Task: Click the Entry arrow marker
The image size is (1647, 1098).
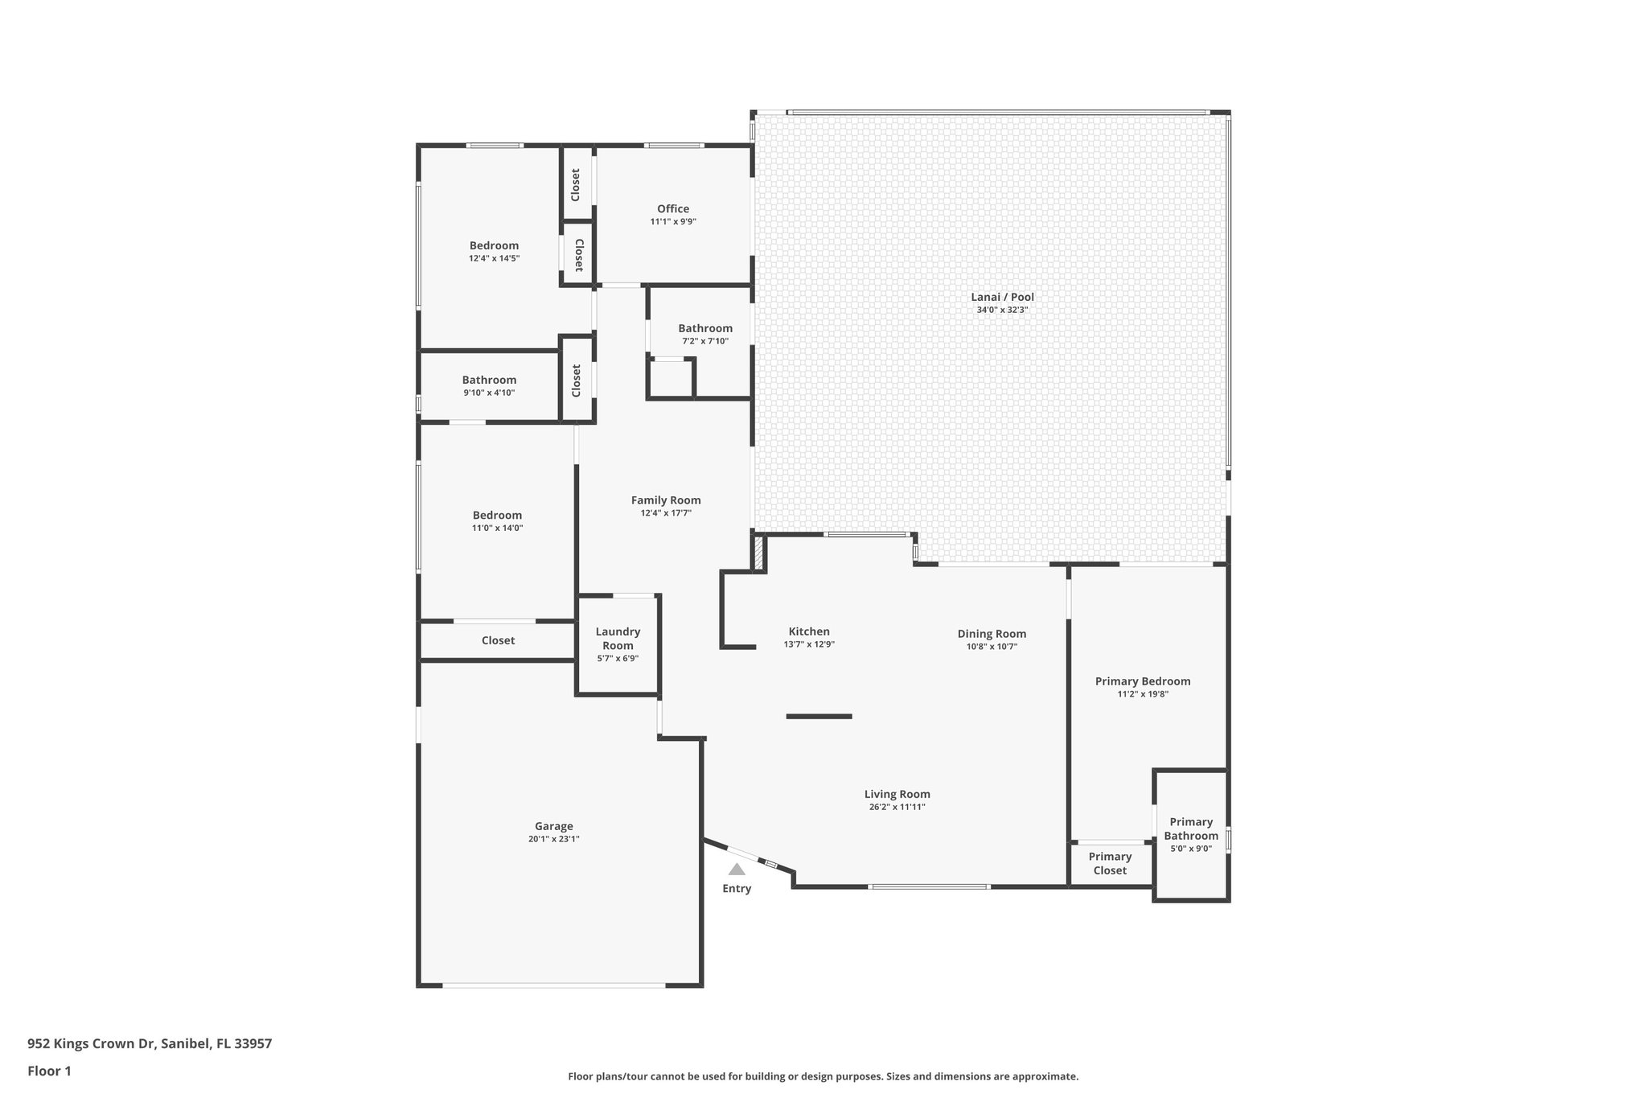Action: click(737, 870)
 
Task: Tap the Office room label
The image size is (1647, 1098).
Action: click(673, 209)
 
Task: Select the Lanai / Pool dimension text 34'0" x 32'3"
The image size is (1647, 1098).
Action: click(1002, 310)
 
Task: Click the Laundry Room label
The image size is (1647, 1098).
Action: click(618, 639)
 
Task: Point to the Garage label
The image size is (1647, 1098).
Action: click(554, 826)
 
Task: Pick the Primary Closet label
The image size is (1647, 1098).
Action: click(1110, 863)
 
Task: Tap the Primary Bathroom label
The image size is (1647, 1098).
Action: click(1190, 829)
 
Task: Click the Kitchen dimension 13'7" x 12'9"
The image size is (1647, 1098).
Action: click(809, 644)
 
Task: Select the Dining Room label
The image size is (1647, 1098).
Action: click(992, 634)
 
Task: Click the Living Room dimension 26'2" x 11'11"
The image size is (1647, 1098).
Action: click(897, 807)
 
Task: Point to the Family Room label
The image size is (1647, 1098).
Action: click(666, 500)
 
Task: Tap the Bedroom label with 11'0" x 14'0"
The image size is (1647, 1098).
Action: click(497, 516)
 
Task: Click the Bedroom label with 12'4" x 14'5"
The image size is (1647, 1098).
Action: click(494, 246)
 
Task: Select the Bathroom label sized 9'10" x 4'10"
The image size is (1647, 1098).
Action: click(489, 380)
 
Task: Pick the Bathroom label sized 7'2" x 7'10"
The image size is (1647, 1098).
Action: click(705, 328)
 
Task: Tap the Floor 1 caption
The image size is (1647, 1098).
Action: click(49, 1071)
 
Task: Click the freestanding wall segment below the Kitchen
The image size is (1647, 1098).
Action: click(819, 716)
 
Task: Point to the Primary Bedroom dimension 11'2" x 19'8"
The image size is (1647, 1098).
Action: click(1143, 694)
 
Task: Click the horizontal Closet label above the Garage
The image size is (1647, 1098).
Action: click(498, 640)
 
